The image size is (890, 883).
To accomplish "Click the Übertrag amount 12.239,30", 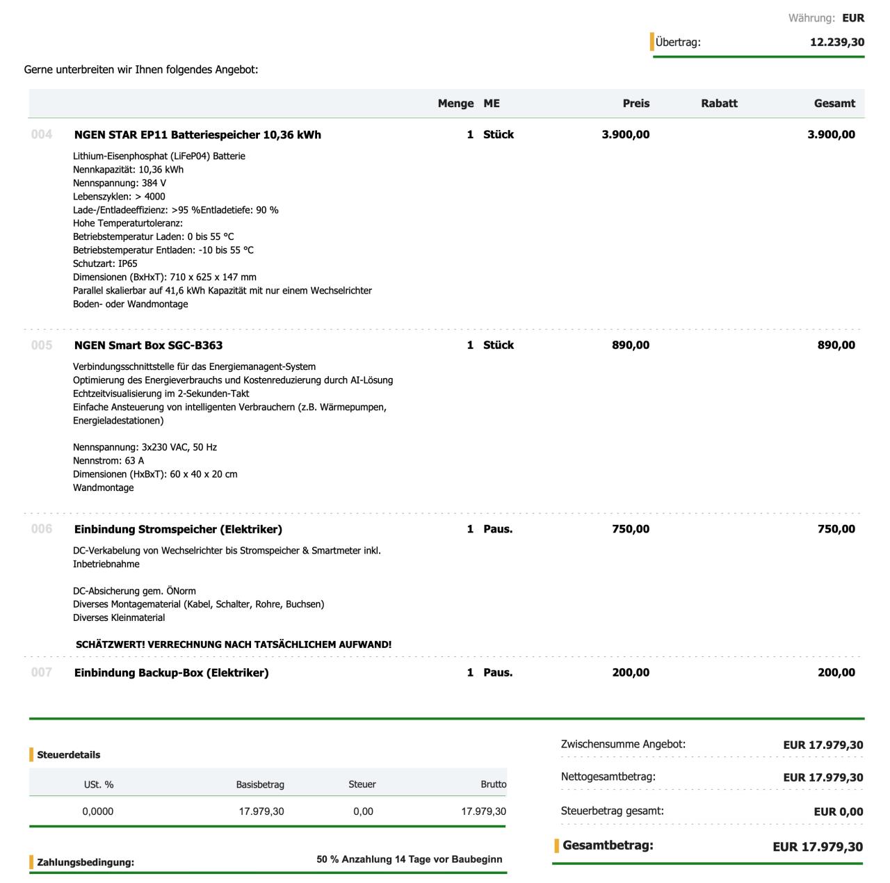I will (x=837, y=42).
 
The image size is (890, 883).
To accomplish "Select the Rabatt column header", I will (x=719, y=104).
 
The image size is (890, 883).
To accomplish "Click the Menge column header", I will (x=455, y=104).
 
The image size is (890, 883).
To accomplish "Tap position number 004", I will (x=42, y=134).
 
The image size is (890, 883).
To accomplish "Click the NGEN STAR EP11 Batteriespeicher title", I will (x=197, y=135).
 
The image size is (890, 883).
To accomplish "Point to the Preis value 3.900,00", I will (x=625, y=135).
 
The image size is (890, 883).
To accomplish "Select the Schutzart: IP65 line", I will (x=105, y=264).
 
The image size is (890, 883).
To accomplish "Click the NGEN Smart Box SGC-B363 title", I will (x=148, y=346).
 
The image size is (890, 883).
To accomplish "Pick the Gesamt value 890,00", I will (x=836, y=346).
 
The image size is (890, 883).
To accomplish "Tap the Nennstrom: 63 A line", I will (x=108, y=460).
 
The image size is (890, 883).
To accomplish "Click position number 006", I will (x=42, y=529).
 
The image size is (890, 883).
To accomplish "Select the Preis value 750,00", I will (x=631, y=529).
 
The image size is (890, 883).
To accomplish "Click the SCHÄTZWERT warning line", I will (x=234, y=645).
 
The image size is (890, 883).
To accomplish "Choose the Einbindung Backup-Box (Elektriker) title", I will (x=171, y=673).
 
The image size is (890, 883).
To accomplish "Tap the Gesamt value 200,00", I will (x=836, y=673).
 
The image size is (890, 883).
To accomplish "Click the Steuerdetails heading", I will (x=68, y=755).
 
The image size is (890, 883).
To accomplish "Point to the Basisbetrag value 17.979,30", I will (x=261, y=811).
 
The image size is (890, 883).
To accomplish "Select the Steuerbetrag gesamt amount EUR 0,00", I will (x=838, y=811).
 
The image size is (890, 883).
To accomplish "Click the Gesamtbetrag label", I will (x=608, y=846).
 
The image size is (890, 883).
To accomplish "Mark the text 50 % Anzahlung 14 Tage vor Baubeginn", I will (x=409, y=859).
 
